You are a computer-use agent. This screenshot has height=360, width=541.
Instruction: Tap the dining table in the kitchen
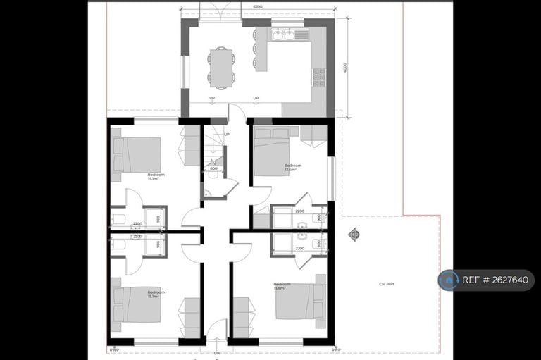(222, 66)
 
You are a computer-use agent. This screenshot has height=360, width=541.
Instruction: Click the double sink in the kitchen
(284, 33)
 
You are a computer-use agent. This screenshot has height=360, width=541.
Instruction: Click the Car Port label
(386, 284)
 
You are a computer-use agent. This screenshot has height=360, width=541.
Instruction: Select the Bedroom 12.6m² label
(284, 167)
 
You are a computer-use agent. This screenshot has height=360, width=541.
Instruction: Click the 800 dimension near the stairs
(213, 169)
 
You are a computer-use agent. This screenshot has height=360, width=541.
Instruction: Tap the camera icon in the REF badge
(448, 280)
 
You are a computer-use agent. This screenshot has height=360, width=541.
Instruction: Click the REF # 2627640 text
(495, 280)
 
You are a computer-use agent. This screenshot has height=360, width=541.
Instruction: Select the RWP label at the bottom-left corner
(113, 349)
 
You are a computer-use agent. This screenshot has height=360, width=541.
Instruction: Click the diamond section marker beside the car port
(354, 235)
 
